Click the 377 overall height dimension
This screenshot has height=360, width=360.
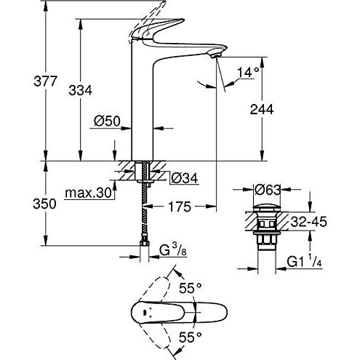coord(45,81)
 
